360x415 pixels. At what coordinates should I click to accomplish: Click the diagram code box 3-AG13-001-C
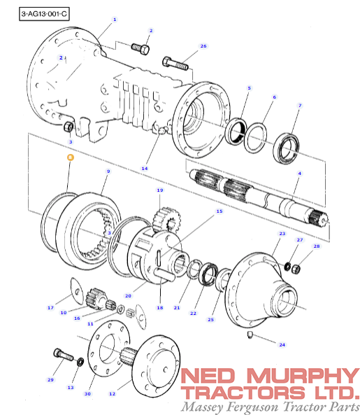coord(44,14)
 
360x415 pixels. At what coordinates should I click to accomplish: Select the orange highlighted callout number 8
coord(70,157)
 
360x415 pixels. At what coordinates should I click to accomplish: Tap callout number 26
coord(203,46)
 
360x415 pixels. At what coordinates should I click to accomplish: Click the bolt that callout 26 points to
coord(175,64)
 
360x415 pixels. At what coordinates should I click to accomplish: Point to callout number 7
coord(300,106)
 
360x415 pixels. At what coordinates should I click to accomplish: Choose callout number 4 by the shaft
coord(299,174)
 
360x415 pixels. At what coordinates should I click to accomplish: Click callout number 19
coord(160,190)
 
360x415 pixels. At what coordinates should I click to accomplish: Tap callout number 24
coord(282,344)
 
